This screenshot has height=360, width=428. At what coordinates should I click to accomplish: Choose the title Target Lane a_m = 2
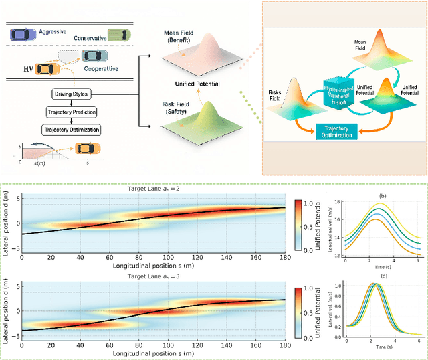[x=153, y=189]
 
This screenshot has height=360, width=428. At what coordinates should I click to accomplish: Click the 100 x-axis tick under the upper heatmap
[x=167, y=256]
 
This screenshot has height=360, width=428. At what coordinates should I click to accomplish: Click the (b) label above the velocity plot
[x=382, y=196]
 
